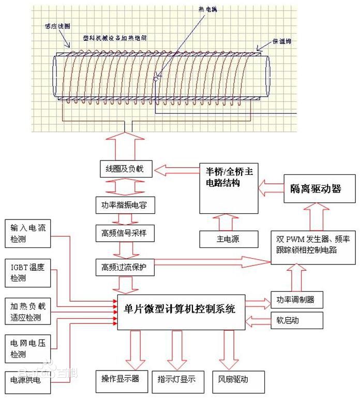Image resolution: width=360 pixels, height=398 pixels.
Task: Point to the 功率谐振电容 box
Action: pyautogui.click(x=124, y=205)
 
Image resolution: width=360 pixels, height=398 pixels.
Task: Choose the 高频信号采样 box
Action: pyautogui.click(x=124, y=233)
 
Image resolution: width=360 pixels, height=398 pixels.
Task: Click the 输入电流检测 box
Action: pyautogui.click(x=28, y=234)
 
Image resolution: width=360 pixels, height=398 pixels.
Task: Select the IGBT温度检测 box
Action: pyautogui.click(x=28, y=273)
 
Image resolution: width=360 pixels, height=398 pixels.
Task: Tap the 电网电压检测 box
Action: pyautogui.click(x=28, y=348)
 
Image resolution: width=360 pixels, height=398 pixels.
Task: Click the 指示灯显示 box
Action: pyautogui.click(x=177, y=379)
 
